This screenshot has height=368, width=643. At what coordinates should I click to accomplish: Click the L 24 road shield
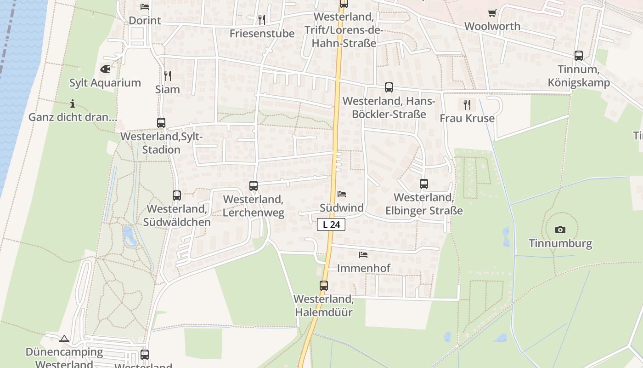pos(331,224)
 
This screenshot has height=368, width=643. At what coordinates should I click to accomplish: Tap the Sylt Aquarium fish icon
pos(105,69)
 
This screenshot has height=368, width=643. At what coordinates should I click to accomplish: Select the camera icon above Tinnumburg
pos(560,230)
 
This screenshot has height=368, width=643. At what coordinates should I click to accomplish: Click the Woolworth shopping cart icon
pos(492,13)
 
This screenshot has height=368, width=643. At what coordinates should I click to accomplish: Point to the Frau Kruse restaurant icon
pos(467,105)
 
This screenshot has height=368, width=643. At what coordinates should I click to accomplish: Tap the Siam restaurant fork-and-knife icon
pos(168,76)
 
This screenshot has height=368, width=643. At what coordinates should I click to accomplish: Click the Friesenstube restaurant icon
pos(262,19)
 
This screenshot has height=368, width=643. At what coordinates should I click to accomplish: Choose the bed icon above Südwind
pos(342,194)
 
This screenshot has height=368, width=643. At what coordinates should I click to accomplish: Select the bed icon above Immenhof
pos(363,254)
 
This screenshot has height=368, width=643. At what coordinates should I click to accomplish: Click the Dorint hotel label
pos(145,21)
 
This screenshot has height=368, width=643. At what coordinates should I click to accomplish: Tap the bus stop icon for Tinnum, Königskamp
pos(579,56)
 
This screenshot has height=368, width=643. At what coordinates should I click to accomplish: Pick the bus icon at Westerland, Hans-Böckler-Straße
pos(389,87)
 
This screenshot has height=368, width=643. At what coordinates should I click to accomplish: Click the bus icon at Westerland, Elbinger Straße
pos(424,184)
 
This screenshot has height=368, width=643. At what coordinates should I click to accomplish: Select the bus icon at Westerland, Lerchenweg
pos(254,186)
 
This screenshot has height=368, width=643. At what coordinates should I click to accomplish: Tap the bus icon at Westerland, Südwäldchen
pos(177,195)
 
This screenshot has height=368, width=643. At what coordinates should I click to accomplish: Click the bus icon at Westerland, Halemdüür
pos(324,286)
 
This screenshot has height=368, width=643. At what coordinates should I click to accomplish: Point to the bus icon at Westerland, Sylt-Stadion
pos(161,123)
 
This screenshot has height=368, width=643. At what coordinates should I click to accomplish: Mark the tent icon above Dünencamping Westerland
pos(64,339)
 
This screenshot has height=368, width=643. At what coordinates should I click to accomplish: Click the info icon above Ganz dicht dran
pos(73,103)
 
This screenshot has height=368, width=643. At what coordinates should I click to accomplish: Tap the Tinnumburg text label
pos(560,243)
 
